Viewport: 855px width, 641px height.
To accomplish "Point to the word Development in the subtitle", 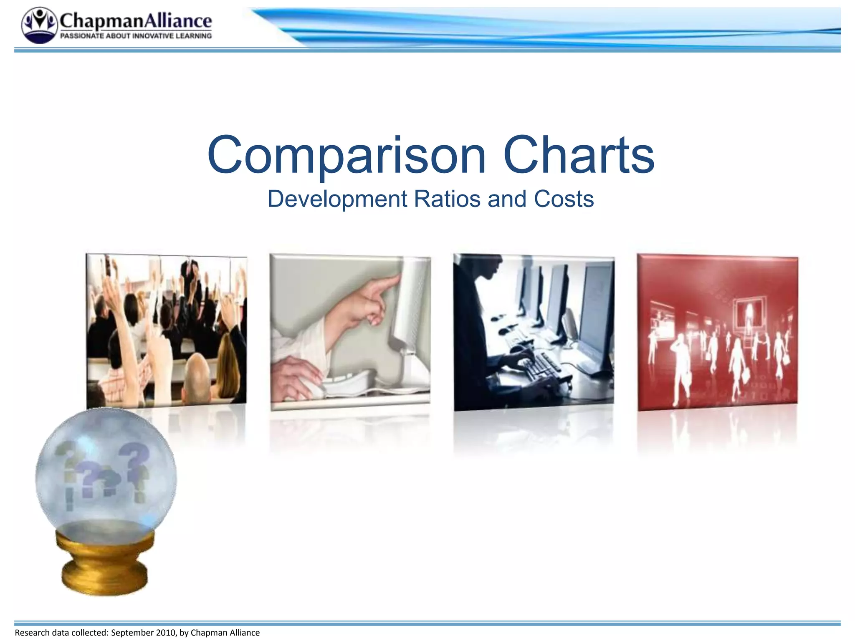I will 337,199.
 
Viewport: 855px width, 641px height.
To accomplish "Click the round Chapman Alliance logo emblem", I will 39,25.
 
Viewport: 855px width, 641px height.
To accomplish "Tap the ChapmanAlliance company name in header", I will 136,20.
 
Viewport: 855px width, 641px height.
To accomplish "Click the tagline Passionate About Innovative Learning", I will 136,36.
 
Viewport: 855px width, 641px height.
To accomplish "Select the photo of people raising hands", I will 166,330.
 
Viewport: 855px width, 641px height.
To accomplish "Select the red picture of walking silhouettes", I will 717,332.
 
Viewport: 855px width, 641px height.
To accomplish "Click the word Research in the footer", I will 32,633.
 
